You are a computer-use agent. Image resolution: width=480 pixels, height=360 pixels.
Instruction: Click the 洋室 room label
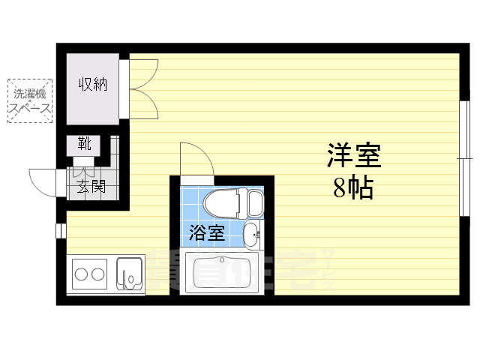(354, 155)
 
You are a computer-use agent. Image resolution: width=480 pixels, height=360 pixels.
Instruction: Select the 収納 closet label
(93, 84)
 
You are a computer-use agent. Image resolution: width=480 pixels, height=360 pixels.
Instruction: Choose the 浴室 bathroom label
(206, 233)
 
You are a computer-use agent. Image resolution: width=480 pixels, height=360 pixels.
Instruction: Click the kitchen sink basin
(130, 274)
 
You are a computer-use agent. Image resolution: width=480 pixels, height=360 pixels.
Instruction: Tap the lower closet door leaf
(144, 103)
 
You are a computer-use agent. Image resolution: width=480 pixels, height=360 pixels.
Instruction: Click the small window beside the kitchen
(60, 229)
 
